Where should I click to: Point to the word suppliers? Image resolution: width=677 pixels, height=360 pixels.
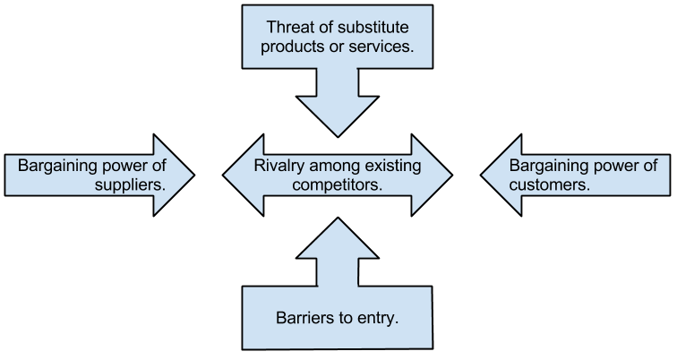pyautogui.click(x=130, y=185)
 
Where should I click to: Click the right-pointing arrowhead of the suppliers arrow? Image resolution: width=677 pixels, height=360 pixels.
pyautogui.click(x=175, y=175)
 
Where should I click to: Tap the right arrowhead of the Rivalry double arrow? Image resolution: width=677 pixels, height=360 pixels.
pyautogui.click(x=432, y=175)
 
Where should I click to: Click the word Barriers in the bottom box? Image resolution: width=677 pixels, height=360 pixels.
pyautogui.click(x=304, y=319)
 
